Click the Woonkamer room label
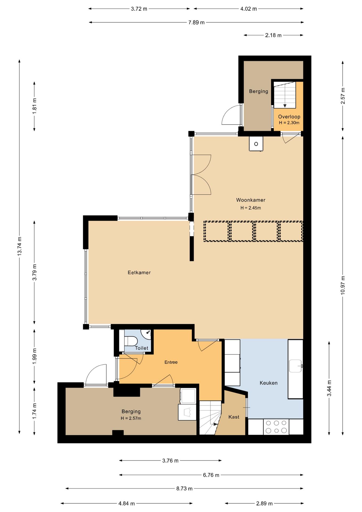tap(251, 200)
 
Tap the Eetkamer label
tap(139, 273)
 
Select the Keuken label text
tap(268, 383)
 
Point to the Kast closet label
tap(234, 417)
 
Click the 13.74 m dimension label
tap(19, 246)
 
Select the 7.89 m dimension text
tap(196, 22)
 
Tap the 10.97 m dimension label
tap(343, 285)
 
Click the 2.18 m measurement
tap(273, 35)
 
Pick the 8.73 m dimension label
tap(184, 489)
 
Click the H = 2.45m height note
tap(251, 208)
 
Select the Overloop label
tap(289, 117)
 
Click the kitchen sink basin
tap(295, 366)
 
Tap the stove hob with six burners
tap(276, 427)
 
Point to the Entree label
tap(171, 362)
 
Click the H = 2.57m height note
tap(131, 418)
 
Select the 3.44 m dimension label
tap(329, 388)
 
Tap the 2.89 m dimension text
tap(264, 503)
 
